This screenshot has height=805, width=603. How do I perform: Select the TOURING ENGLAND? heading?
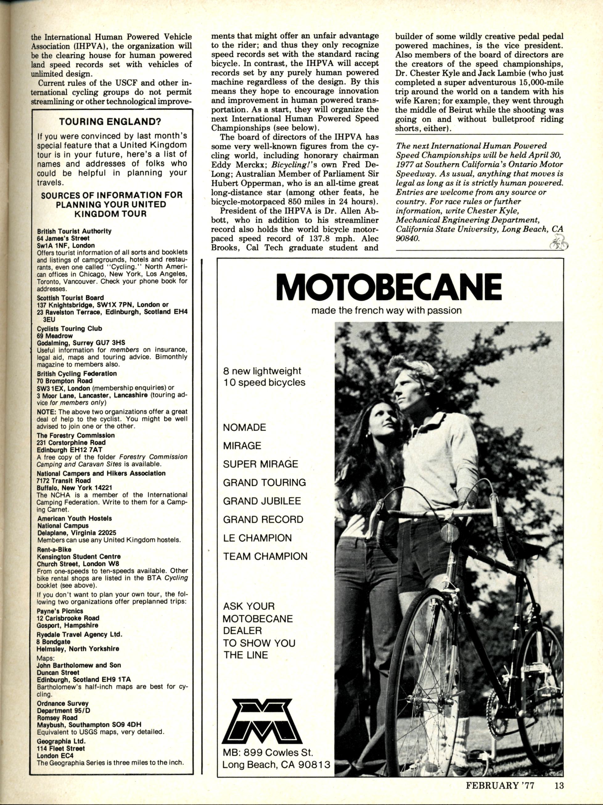click(x=111, y=122)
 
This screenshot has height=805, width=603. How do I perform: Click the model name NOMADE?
click(x=245, y=427)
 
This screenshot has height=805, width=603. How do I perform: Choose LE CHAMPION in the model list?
click(x=257, y=538)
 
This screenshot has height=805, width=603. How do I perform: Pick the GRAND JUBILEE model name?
click(x=262, y=501)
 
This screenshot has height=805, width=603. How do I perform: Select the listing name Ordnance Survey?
click(x=63, y=703)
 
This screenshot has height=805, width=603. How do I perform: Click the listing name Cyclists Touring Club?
click(x=69, y=329)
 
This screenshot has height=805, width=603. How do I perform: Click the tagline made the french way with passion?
click(x=386, y=311)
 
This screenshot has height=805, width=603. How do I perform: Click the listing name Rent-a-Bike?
click(x=54, y=550)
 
